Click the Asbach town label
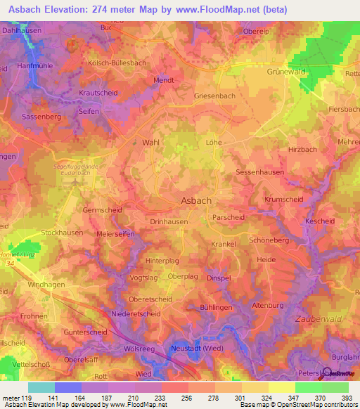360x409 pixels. point(196,200)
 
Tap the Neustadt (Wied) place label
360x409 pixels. point(197,349)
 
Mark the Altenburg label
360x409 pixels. point(267,306)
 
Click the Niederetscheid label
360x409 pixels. point(136,314)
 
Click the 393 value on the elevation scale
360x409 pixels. point(346,396)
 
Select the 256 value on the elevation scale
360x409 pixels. point(186,396)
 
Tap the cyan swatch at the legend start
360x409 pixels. point(41,387)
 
